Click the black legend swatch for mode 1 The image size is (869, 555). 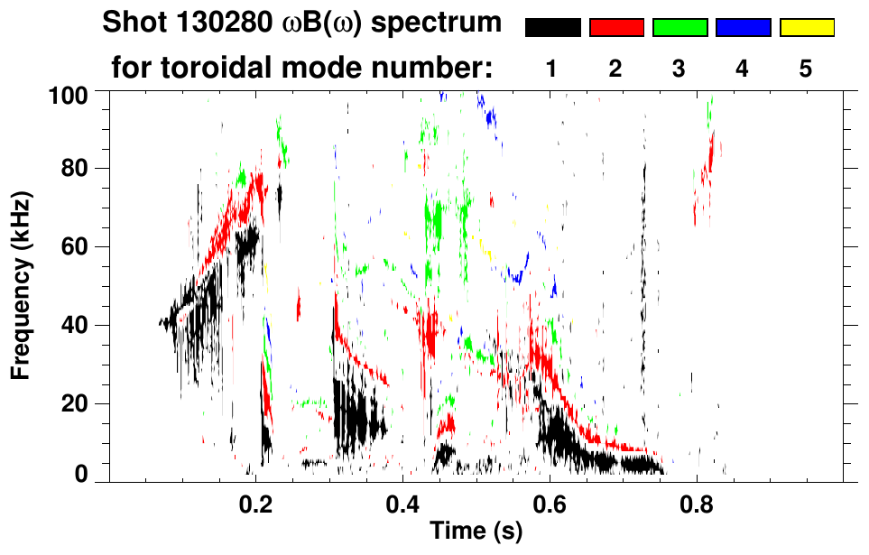553,28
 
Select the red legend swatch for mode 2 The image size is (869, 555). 616,28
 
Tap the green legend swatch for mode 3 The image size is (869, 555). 679,28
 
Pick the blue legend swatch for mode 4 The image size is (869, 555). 743,28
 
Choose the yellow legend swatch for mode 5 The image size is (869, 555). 806,28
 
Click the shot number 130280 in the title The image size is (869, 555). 199,23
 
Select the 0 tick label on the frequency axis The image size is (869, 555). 79,474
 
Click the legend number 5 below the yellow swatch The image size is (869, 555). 806,69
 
